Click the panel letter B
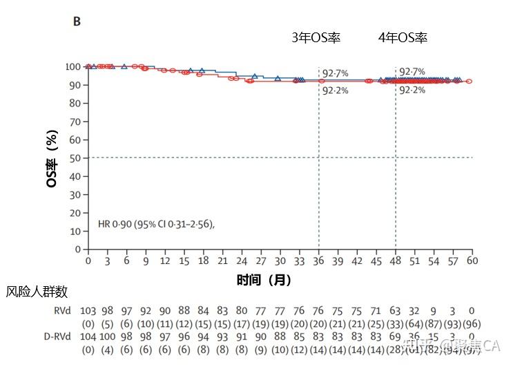(x=77, y=21)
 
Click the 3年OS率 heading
(x=316, y=38)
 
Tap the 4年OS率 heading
(x=403, y=38)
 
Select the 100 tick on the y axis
(x=72, y=67)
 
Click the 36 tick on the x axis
(x=318, y=262)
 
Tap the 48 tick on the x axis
(x=395, y=262)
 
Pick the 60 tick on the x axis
(x=472, y=262)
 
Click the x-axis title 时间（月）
(x=263, y=280)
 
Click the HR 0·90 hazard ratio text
(x=156, y=224)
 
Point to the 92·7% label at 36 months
(x=336, y=72)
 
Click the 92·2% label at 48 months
(x=412, y=90)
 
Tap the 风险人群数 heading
(x=37, y=292)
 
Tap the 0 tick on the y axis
(x=77, y=250)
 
